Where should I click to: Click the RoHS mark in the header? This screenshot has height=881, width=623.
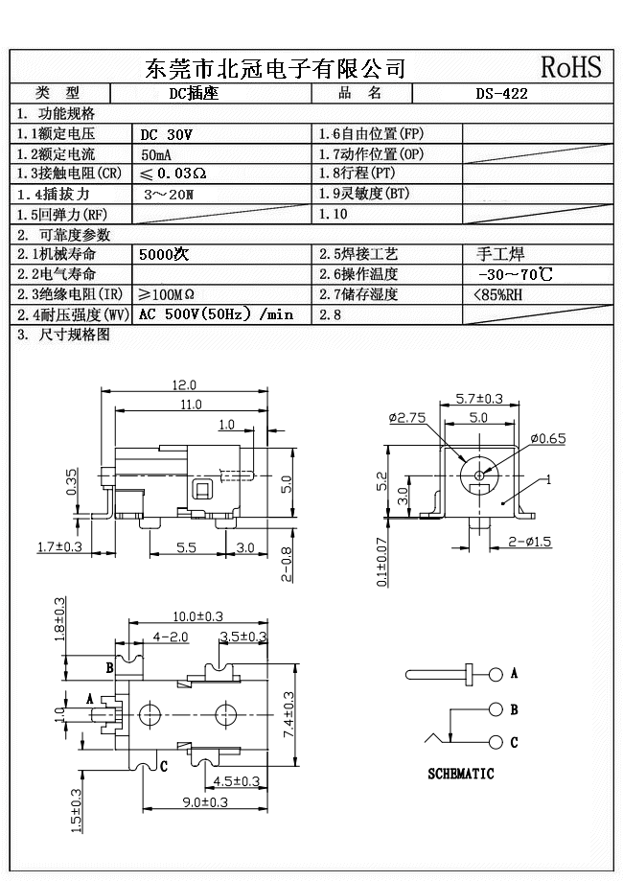[571, 66]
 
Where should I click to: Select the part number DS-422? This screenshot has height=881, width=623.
[501, 94]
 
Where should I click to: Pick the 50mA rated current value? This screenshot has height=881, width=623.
[157, 154]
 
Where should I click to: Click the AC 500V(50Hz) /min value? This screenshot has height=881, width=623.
[216, 314]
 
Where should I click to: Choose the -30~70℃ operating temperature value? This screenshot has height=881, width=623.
[514, 275]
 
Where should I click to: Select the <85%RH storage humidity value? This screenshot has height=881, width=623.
[498, 294]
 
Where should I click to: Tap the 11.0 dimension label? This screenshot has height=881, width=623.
[192, 405]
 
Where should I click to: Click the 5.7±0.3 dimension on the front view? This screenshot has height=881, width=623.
[479, 398]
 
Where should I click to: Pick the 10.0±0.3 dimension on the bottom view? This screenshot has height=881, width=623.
[197, 615]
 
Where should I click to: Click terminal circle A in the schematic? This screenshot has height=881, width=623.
[496, 674]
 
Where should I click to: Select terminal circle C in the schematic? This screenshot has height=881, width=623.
[496, 742]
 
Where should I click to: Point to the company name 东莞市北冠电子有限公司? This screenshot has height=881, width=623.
[274, 68]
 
